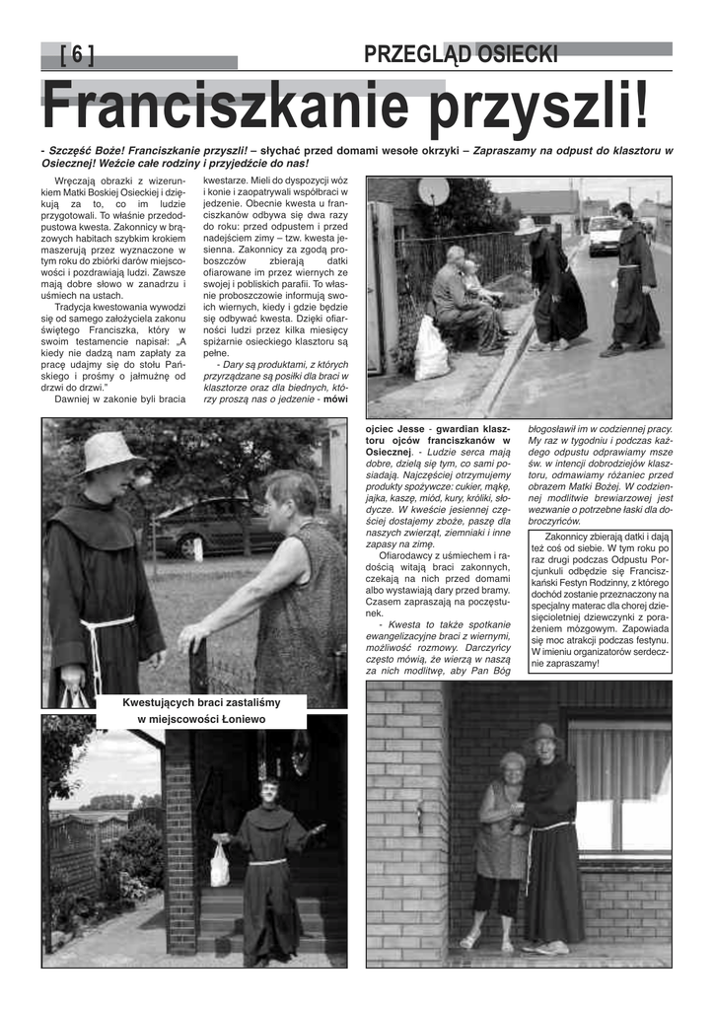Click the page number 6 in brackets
(x=77, y=56)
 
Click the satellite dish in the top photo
(x=433, y=191)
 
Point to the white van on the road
(x=605, y=235)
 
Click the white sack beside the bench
(x=431, y=348)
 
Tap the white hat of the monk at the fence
(x=107, y=452)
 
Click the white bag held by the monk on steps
(x=220, y=864)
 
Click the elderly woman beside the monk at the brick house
(x=502, y=844)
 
